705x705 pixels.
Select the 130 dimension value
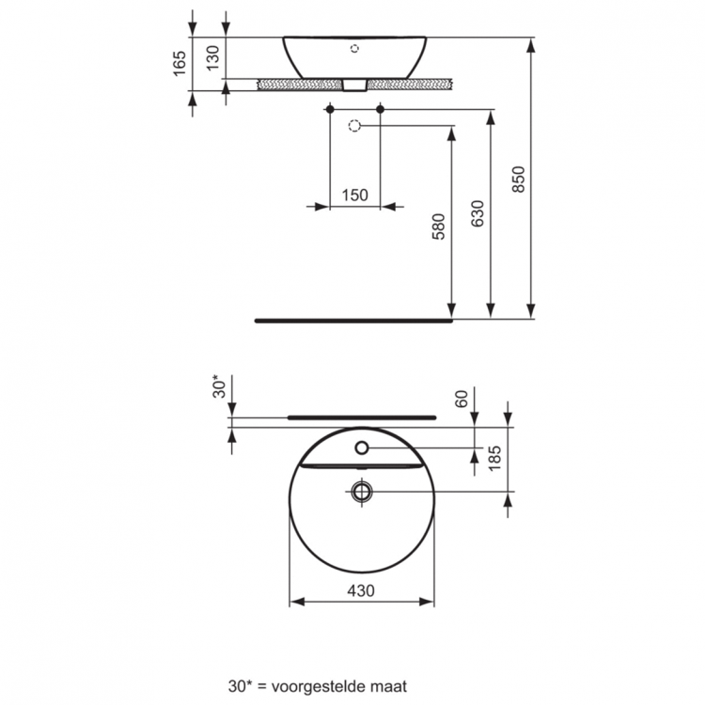pyautogui.click(x=213, y=59)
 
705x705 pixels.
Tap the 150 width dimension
pyautogui.click(x=354, y=196)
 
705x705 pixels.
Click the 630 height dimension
pyautogui.click(x=477, y=215)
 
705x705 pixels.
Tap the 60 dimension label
pyautogui.click(x=462, y=399)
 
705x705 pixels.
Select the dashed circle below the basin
pyautogui.click(x=354, y=127)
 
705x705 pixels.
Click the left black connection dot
pyautogui.click(x=329, y=111)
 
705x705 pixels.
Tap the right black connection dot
pyautogui.click(x=381, y=111)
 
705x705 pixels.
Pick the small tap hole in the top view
pyautogui.click(x=362, y=449)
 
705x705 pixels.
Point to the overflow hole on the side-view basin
pyautogui.click(x=354, y=47)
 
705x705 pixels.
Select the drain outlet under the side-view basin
pyautogui.click(x=354, y=86)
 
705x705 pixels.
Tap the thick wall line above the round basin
pyautogui.click(x=362, y=414)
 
